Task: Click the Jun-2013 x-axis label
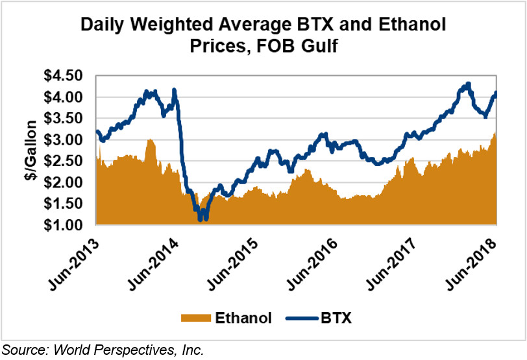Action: pos(75,259)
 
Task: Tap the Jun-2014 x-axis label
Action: pos(154,259)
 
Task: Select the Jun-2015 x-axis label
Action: pos(235,259)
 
